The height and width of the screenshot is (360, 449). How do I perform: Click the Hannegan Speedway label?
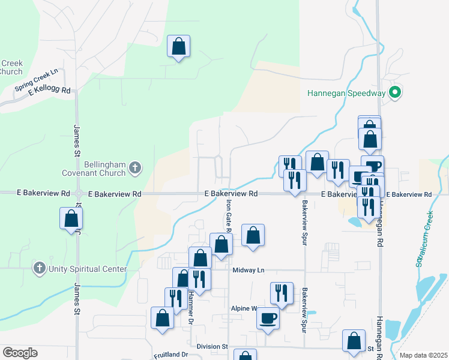pyautogui.click(x=345, y=93)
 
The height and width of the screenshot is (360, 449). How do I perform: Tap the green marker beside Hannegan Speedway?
pyautogui.click(x=394, y=93)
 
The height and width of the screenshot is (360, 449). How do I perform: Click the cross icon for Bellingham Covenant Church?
pyautogui.click(x=136, y=169)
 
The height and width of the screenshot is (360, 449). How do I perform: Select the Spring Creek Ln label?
pyautogui.click(x=36, y=80)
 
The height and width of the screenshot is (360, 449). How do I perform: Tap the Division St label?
pyautogui.click(x=212, y=347)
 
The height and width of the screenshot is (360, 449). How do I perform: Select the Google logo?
pyautogui.click(x=20, y=352)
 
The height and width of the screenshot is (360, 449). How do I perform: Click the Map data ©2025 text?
pyautogui.click(x=423, y=355)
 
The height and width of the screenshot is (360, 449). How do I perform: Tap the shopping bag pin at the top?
pyautogui.click(x=178, y=46)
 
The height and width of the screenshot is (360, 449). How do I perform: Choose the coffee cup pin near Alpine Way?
pyautogui.click(x=268, y=317)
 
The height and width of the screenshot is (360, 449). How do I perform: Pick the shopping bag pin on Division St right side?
pyautogui.click(x=354, y=340)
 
